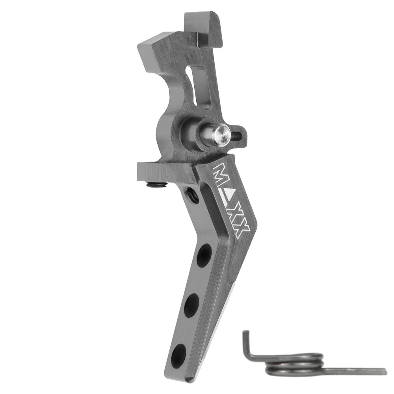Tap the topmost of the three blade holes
[204, 255]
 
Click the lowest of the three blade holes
[178, 355]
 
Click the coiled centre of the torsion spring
[294, 364]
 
